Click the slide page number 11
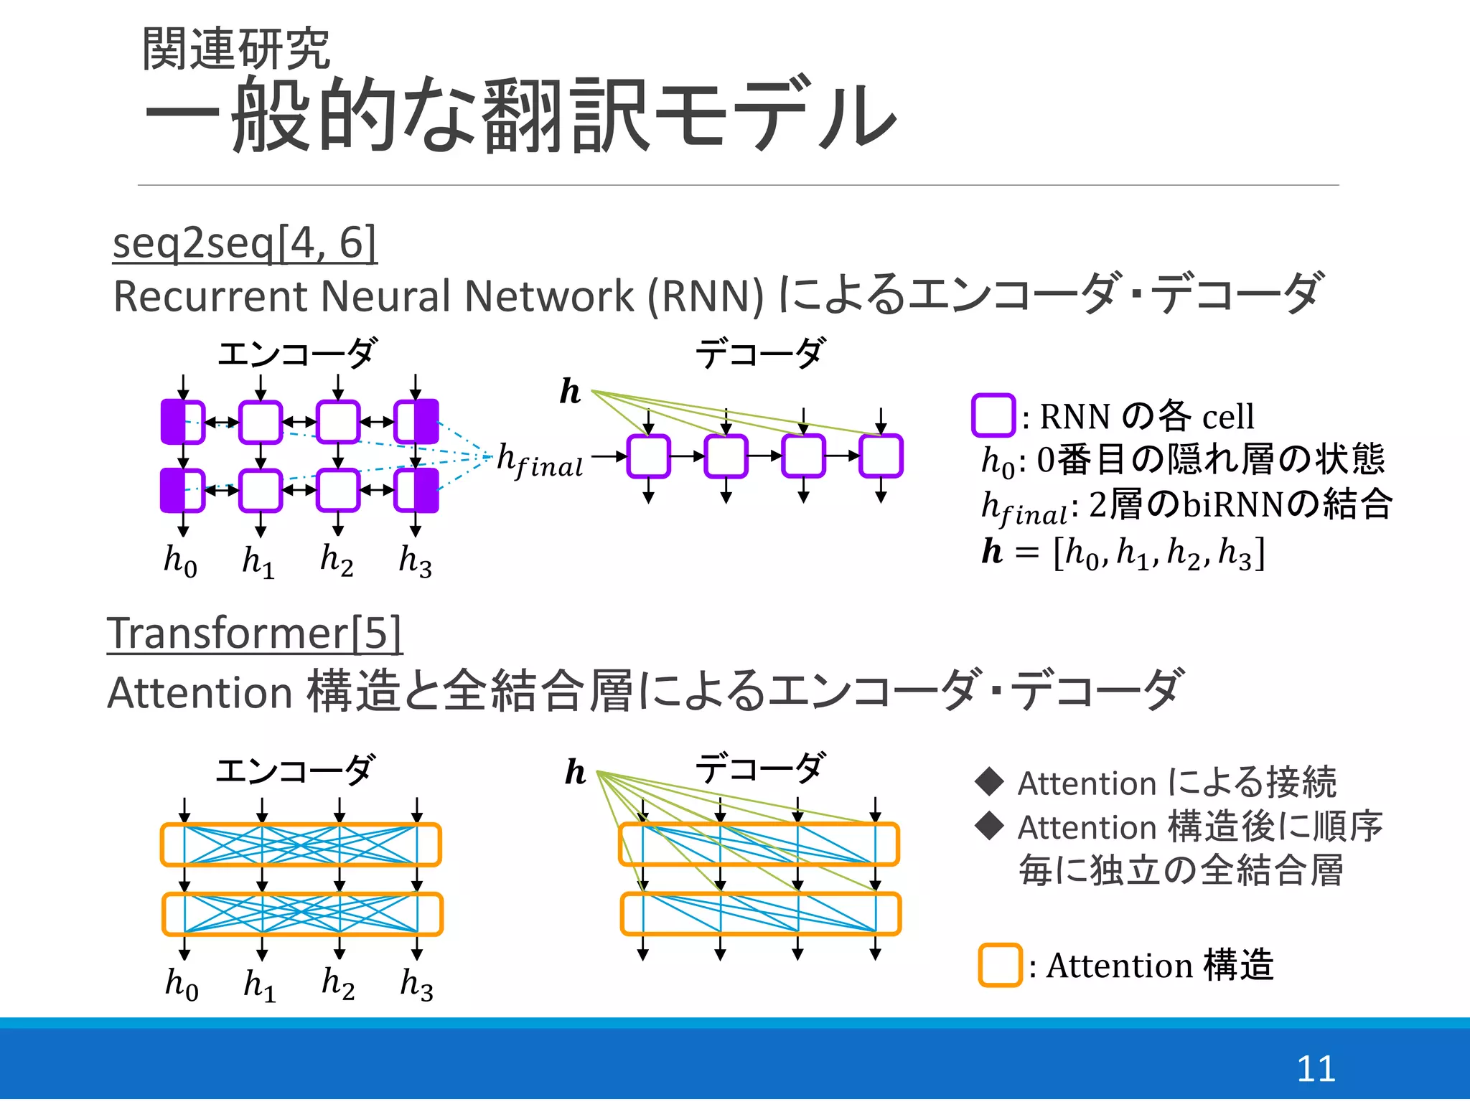1315,1068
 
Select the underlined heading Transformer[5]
254,634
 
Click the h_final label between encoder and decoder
540,460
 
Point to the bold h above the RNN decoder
570,392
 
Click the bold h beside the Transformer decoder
575,772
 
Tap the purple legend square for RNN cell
993,415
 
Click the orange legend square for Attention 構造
999,965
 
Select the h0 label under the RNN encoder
180,560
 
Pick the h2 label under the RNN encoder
337,560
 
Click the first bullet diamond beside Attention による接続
989,781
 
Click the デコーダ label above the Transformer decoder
760,768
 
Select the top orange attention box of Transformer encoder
301,844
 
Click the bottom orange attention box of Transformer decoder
760,913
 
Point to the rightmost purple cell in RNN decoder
881,456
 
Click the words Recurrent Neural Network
438,296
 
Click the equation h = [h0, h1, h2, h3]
1123,553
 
